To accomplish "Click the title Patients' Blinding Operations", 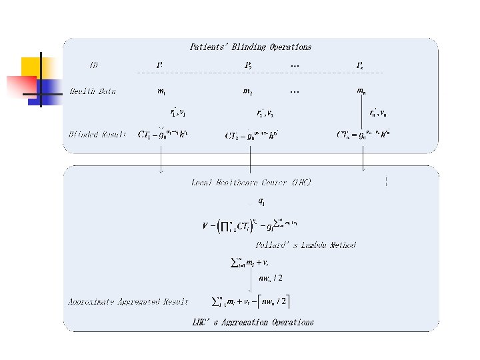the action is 250,47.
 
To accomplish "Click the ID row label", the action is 94,65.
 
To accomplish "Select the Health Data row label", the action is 93,91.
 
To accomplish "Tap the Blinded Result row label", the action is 97,135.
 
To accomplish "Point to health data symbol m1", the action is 161,91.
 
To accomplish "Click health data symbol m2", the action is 247,91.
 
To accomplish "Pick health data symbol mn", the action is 361,91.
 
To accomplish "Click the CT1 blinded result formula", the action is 163,134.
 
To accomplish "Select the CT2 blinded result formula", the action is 251,135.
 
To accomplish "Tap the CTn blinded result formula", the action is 364,134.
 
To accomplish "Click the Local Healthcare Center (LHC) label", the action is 251,182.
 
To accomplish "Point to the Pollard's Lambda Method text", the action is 305,245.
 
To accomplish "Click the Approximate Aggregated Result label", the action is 128,302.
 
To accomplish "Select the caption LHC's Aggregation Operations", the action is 253,323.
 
